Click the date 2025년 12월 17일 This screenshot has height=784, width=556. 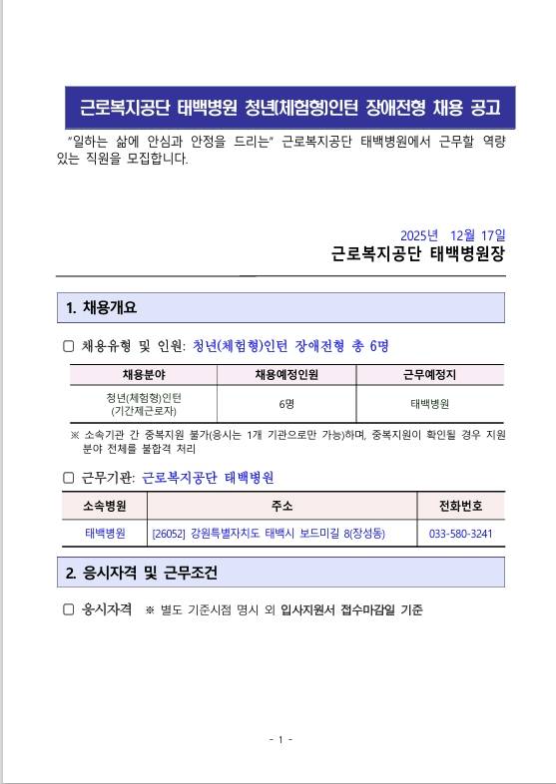451,234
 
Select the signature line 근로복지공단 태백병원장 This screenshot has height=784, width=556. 418,254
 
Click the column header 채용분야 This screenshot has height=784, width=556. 143,375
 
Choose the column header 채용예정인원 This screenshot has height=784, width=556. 286,375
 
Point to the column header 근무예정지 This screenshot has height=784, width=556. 429,375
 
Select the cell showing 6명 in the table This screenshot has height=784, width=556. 286,404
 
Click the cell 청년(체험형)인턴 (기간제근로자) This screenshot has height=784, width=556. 143,404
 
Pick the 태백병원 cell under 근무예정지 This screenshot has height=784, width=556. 429,404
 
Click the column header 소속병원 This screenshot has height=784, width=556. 105,505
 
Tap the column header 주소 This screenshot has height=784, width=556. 281,505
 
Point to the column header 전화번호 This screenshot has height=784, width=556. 460,505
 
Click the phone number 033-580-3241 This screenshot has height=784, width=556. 460,534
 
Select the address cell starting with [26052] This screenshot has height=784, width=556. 269,534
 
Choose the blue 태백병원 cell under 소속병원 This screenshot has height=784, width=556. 105,534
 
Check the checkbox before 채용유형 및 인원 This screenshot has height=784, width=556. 69,346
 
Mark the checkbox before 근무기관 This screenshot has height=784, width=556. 69,478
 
